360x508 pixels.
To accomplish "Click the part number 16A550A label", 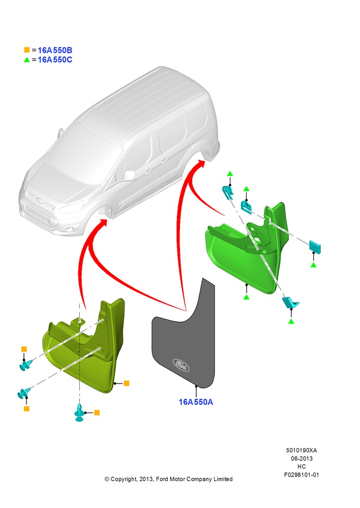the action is [196, 402].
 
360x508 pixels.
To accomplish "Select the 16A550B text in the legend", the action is [55, 50].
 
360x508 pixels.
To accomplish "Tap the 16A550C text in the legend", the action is [55, 59].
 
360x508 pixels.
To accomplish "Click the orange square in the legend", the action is [27, 50].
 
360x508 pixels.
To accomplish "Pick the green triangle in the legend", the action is [27, 59].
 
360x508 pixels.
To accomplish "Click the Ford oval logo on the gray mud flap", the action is [181, 365].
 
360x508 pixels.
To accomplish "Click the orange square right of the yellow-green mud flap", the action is [127, 383].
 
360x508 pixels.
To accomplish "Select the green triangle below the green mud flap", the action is [247, 297].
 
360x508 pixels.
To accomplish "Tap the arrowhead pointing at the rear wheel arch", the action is [200, 164].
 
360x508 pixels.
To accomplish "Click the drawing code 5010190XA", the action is [302, 450].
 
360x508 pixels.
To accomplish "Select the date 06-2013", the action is [302, 458].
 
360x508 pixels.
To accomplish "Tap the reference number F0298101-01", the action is [302, 474].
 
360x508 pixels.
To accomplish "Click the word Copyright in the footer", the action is [124, 479].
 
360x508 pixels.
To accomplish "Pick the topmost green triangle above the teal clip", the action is [230, 174].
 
